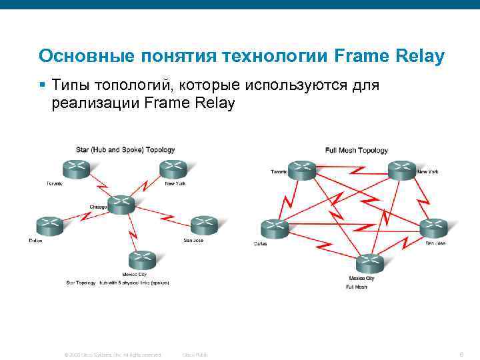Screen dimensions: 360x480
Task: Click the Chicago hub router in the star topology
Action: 121,205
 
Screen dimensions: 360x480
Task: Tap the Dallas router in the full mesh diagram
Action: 274,229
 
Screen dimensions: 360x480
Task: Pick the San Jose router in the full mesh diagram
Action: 433,229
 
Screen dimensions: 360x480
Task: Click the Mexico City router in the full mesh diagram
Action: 371,263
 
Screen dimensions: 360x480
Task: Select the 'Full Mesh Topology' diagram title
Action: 356,151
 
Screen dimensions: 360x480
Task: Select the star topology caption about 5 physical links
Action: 117,283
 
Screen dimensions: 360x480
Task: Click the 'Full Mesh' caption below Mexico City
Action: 357,287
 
